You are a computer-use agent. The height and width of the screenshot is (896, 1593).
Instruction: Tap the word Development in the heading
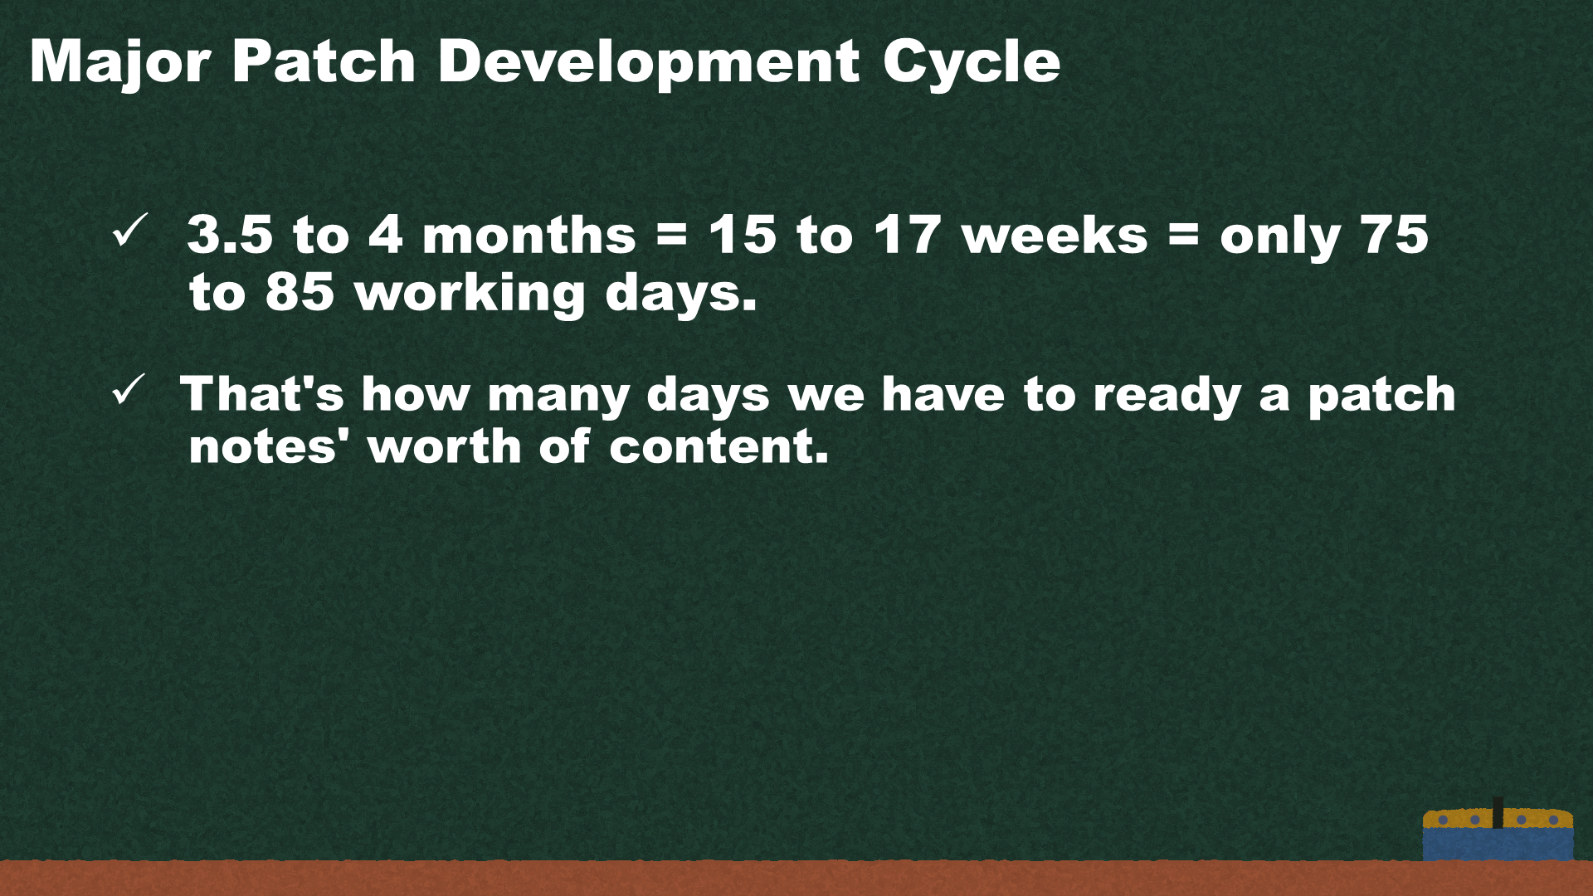click(649, 61)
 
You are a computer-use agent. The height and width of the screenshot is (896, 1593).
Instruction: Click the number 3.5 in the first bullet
click(230, 234)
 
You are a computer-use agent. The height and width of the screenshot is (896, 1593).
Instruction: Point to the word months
click(529, 234)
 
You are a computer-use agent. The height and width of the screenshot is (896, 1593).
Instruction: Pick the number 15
click(743, 234)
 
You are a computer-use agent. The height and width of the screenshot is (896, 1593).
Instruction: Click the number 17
click(908, 234)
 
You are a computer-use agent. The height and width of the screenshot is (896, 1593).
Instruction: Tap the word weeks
click(1055, 234)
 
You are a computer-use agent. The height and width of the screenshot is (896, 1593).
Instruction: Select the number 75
click(1394, 234)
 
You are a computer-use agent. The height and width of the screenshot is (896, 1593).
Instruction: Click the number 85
click(300, 292)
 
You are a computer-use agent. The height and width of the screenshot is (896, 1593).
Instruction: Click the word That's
click(262, 393)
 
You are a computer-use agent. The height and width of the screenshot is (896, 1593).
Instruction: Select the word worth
click(445, 446)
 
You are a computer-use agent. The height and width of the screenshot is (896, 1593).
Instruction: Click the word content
click(719, 446)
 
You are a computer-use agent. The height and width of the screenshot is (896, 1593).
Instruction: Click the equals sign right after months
click(672, 235)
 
